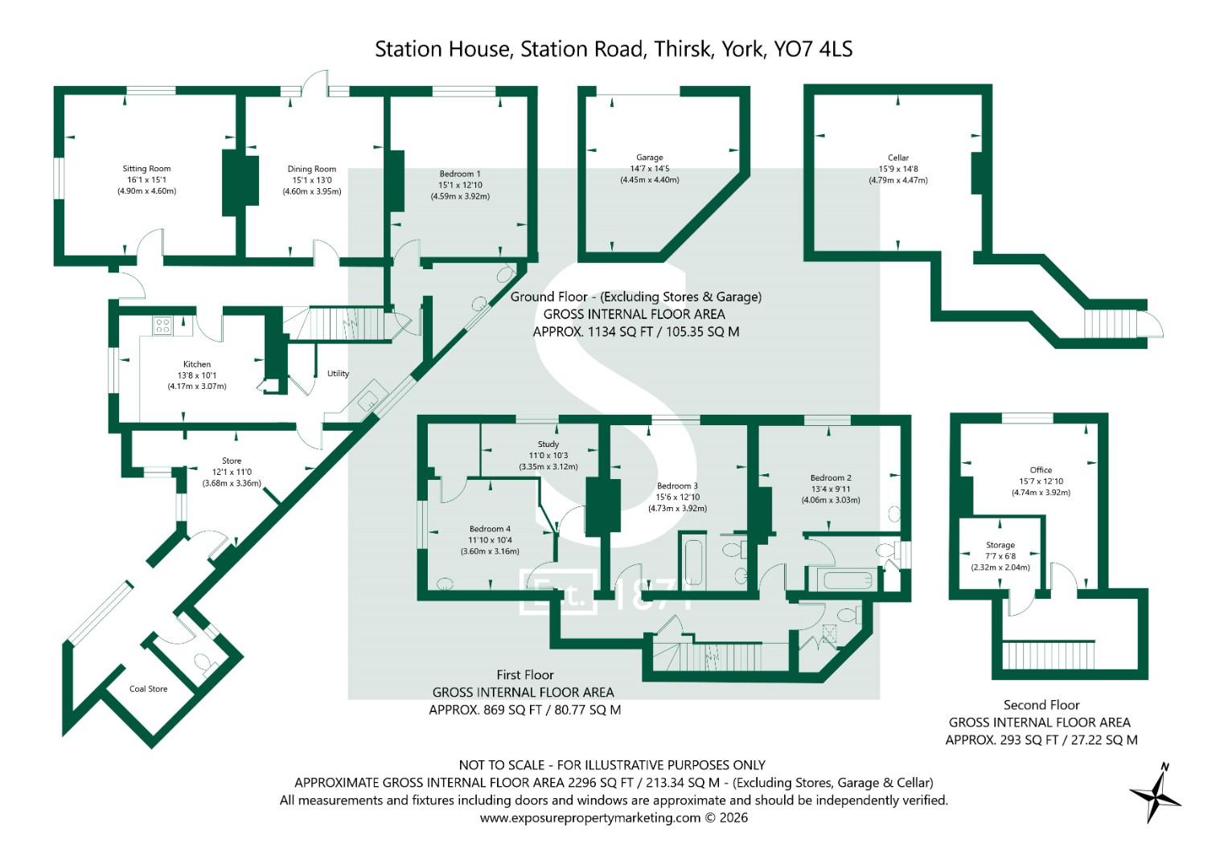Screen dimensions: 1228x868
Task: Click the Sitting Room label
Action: (146, 169)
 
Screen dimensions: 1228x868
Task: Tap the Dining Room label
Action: (311, 170)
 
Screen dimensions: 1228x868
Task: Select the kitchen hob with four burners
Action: (162, 326)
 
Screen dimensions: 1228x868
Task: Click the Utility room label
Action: (338, 374)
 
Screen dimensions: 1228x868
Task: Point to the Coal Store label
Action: (148, 689)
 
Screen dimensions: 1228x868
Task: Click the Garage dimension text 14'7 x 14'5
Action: (650, 169)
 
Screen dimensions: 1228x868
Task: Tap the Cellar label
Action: (898, 158)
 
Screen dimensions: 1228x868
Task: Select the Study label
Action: (548, 444)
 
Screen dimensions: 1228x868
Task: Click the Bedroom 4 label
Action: (490, 529)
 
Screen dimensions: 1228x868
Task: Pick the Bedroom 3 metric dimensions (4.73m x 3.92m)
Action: (678, 509)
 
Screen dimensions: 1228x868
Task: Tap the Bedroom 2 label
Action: (831, 478)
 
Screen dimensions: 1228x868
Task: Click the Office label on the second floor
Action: (1041, 470)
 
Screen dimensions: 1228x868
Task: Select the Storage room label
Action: (1000, 545)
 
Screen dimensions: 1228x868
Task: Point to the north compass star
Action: (1156, 792)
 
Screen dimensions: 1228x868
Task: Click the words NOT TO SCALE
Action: (502, 765)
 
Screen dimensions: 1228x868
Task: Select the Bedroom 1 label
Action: (460, 174)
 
